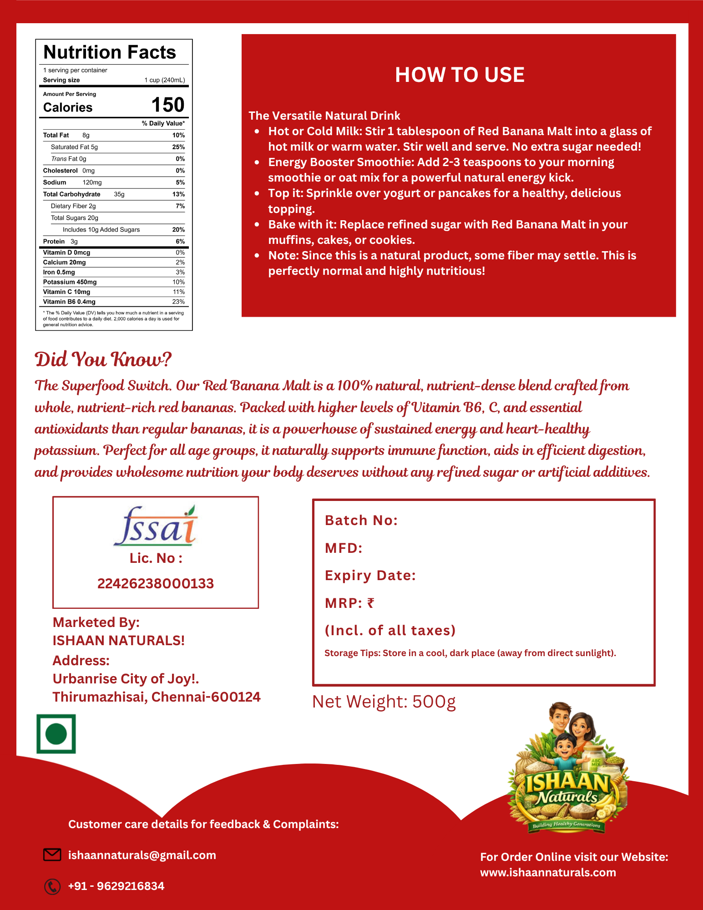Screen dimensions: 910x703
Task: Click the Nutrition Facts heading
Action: click(110, 52)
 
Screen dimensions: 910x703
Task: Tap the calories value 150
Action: click(168, 105)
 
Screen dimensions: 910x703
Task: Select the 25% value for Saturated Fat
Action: click(178, 147)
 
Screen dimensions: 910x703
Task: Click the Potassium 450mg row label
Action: click(70, 282)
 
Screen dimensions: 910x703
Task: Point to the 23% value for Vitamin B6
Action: click(178, 302)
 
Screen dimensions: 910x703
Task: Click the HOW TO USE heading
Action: click(460, 75)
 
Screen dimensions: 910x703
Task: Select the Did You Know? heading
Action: click(103, 359)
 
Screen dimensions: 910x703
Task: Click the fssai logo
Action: click(155, 526)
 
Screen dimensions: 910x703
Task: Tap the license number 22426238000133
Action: click(156, 583)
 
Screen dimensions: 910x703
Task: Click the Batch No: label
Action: click(361, 521)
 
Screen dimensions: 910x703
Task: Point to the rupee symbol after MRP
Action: click(371, 603)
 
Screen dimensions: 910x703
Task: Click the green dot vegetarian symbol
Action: click(56, 734)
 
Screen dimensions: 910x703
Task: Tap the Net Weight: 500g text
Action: click(384, 702)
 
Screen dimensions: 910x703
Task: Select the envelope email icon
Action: click(52, 855)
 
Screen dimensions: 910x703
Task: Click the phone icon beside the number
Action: click(52, 886)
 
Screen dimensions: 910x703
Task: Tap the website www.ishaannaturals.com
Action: click(548, 872)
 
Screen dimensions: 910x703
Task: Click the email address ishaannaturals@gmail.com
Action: click(142, 855)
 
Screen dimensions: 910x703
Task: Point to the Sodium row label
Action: click(55, 182)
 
